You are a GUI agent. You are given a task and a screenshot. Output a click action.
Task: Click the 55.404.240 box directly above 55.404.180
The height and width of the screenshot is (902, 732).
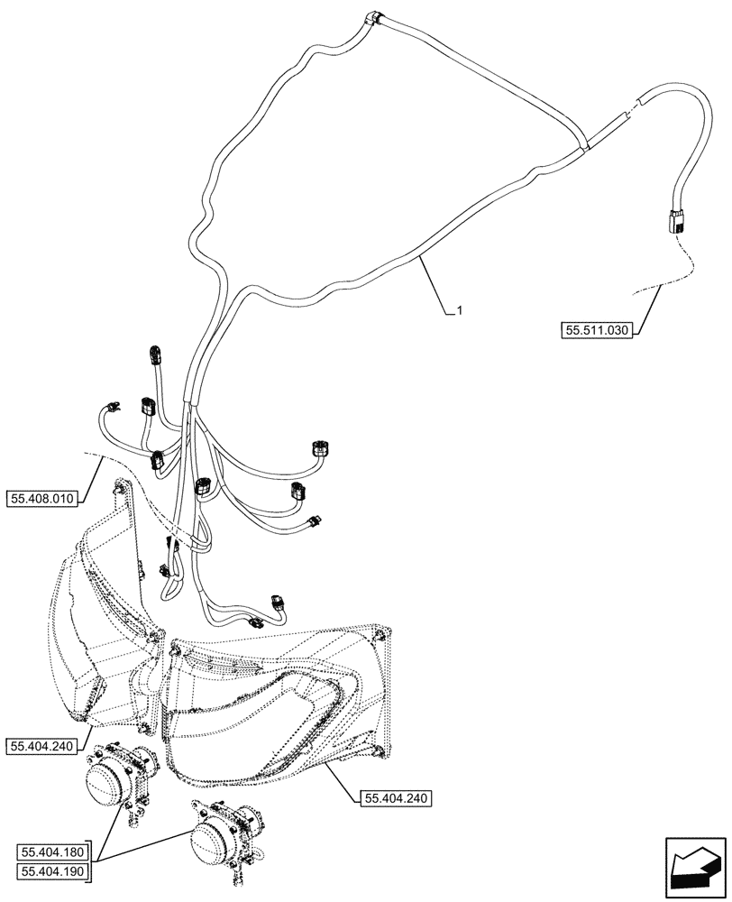pos(45,745)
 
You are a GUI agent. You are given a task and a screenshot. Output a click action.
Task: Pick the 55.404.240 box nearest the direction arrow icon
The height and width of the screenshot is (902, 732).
pos(397,797)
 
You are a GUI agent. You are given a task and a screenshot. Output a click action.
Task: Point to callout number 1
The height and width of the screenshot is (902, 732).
pos(460,311)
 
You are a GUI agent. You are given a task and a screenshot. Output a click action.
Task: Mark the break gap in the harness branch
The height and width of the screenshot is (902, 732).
pos(631,109)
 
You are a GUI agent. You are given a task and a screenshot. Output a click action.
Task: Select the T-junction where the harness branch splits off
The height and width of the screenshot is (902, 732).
pos(584,143)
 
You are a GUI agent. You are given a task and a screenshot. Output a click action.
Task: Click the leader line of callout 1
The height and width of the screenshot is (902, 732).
pos(437,284)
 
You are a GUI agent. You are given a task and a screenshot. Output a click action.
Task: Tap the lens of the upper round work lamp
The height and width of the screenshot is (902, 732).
pos(105,780)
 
